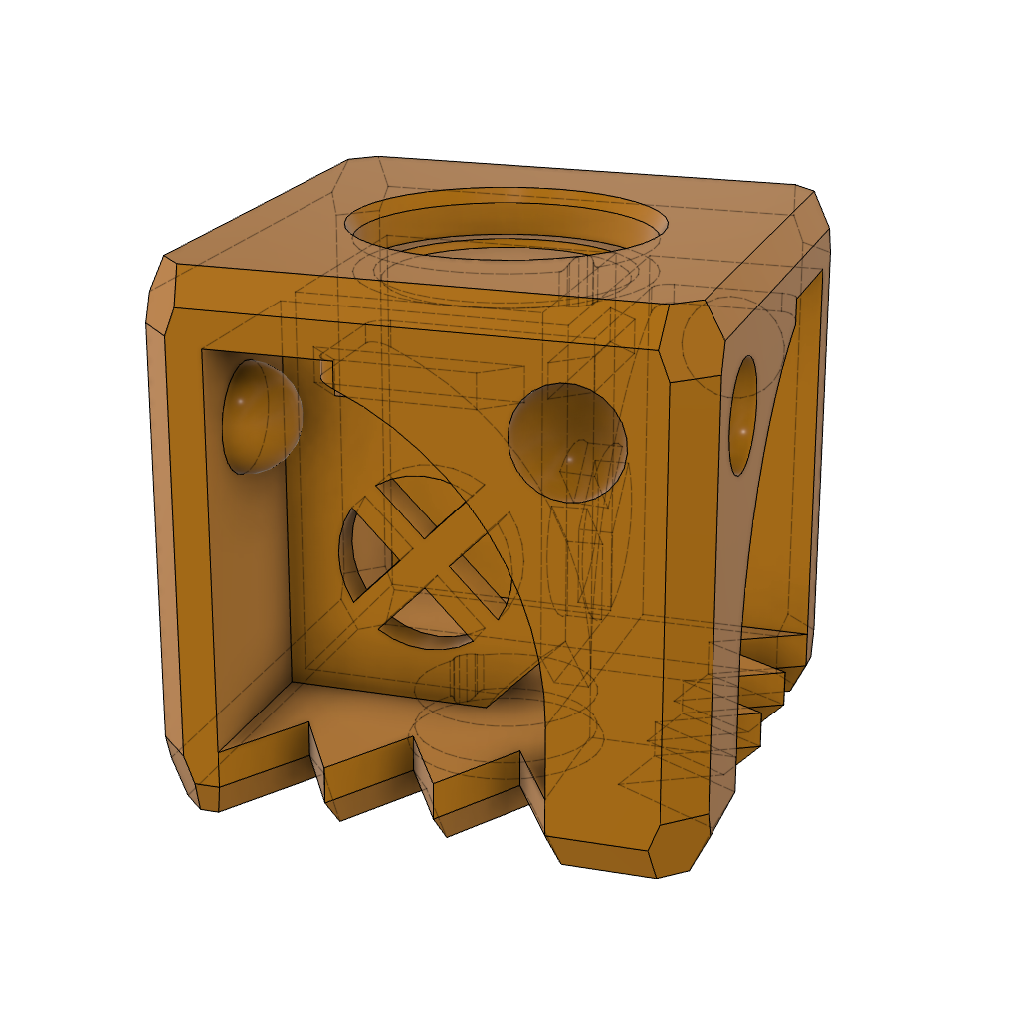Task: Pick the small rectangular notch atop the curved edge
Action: pos(326,371)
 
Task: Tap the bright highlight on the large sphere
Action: pos(568,459)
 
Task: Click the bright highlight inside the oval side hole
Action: pos(742,430)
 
